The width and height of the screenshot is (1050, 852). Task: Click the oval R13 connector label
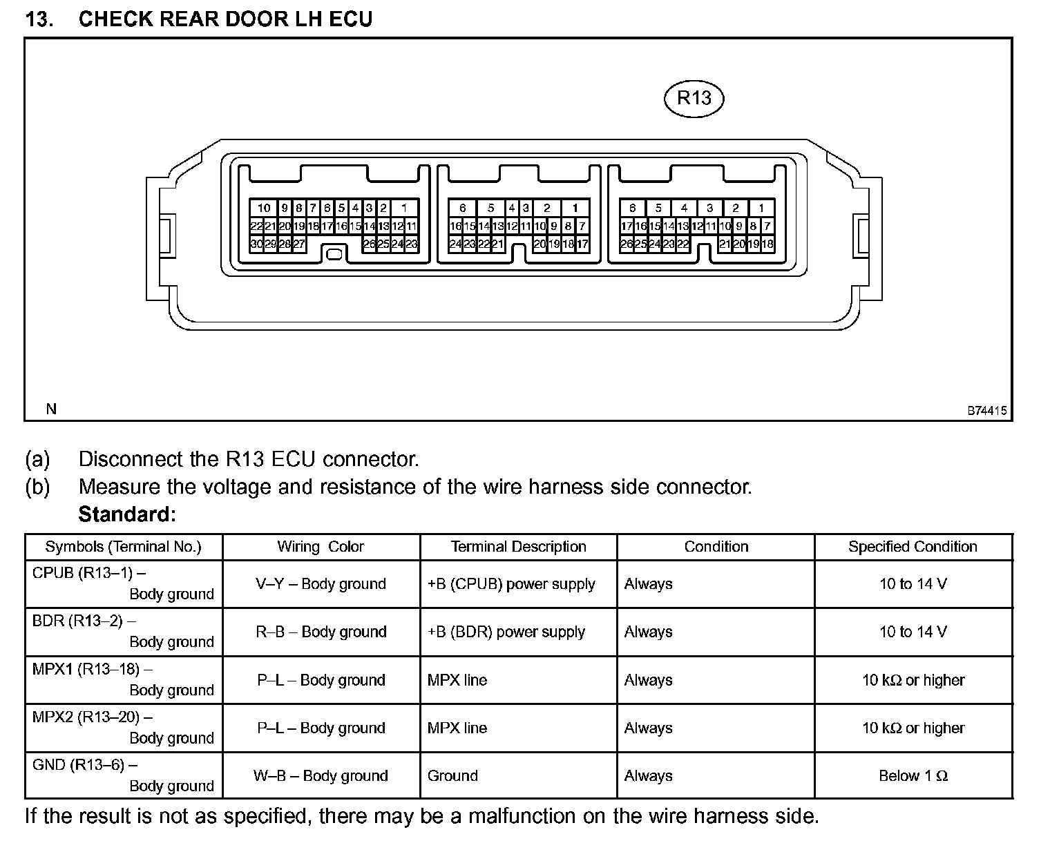tap(693, 98)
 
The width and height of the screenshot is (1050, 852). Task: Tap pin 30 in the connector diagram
tap(256, 244)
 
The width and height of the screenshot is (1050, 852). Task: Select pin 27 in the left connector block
tap(299, 244)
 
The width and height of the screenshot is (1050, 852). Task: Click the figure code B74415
tap(987, 411)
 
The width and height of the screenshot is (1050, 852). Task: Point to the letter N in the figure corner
tap(51, 409)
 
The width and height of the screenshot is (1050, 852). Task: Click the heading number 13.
tap(40, 19)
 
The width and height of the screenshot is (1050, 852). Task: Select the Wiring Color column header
tap(321, 547)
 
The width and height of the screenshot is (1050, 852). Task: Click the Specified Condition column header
tap(913, 547)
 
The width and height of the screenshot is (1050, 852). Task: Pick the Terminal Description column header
tap(518, 547)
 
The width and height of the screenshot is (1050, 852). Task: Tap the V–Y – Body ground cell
tap(321, 584)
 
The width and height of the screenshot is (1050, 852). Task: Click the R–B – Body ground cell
tap(321, 632)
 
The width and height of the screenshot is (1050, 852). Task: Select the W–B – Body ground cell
tap(321, 776)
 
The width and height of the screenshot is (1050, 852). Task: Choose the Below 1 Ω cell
tap(913, 776)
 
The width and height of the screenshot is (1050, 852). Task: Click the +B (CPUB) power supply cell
tap(511, 584)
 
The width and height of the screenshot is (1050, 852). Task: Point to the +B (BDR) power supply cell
tap(506, 632)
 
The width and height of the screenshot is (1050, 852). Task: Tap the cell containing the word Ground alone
tap(452, 776)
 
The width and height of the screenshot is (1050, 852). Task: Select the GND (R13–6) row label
tap(84, 765)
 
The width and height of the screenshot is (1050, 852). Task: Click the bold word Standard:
tap(127, 514)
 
